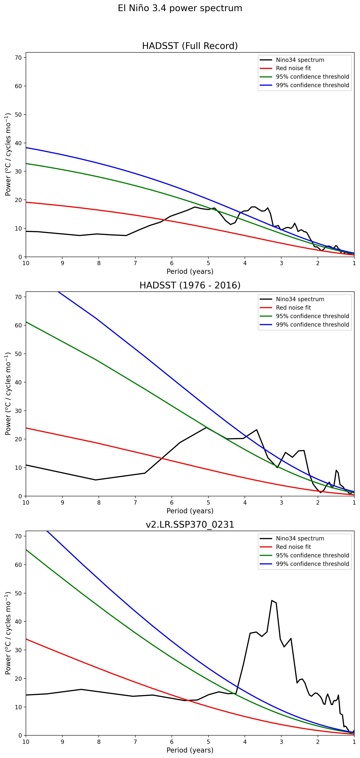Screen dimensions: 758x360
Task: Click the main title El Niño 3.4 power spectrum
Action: point(180,8)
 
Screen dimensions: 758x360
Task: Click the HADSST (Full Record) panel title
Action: point(190,46)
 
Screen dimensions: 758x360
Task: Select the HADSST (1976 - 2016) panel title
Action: point(190,285)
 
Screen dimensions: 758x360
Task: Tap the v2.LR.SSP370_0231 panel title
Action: point(190,524)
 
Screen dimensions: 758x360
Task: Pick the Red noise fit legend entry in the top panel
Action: point(293,68)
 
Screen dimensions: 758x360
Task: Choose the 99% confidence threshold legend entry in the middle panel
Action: point(312,325)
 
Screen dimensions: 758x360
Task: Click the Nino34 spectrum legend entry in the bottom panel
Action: point(300,539)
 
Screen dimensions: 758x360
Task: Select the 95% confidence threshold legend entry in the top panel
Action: point(312,77)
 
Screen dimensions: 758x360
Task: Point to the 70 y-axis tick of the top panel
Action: point(18,58)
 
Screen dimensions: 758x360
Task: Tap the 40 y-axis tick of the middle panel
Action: point(18,382)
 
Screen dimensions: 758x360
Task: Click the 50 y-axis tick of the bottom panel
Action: point(18,593)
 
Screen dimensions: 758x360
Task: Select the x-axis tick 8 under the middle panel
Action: point(99,502)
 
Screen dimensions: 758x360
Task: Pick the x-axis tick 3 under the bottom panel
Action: point(281,742)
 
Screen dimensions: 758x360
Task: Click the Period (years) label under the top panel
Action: point(190,271)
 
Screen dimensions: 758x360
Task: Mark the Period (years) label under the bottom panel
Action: point(190,750)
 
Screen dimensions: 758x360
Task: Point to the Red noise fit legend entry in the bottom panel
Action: point(293,547)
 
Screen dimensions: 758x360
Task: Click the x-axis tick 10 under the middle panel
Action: point(26,502)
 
